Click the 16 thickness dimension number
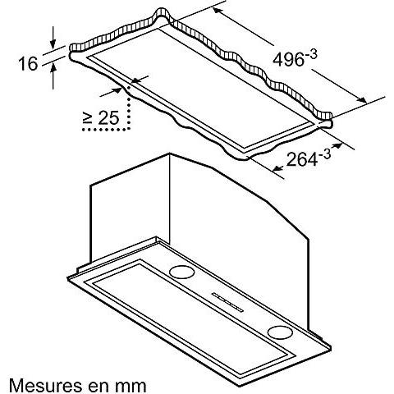[x=28, y=64]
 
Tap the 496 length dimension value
[x=289, y=59]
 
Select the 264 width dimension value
[x=302, y=159]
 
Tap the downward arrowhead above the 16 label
[x=53, y=44]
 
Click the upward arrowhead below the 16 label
[x=53, y=67]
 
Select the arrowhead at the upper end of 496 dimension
[x=218, y=10]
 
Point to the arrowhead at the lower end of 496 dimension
[x=362, y=100]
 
